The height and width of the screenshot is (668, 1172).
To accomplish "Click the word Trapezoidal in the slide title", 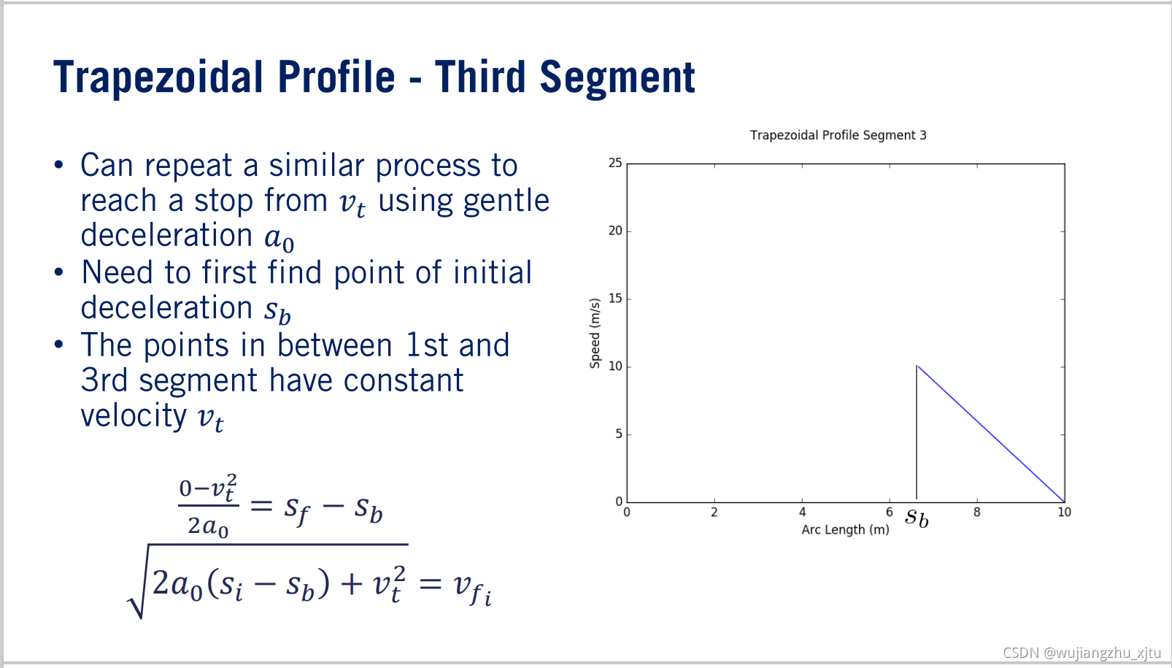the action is (158, 78).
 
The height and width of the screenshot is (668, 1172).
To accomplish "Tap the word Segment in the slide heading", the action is (617, 78).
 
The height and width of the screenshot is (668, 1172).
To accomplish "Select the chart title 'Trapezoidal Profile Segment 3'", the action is (838, 135).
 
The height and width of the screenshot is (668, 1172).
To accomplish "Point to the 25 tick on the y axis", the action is (615, 163).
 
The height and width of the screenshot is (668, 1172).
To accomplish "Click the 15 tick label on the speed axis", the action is (615, 299).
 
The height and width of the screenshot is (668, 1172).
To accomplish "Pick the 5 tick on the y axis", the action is (619, 434).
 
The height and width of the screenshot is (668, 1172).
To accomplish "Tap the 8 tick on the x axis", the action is (977, 512).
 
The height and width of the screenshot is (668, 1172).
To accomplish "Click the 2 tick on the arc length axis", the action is (714, 512).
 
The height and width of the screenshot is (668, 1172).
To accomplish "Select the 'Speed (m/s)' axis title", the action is (595, 334).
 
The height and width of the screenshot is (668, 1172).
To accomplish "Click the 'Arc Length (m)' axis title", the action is (846, 530).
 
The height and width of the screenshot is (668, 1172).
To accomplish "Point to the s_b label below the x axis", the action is (917, 517).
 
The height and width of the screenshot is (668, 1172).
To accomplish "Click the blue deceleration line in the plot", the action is (991, 434).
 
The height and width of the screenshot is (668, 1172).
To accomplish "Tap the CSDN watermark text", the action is (1082, 653).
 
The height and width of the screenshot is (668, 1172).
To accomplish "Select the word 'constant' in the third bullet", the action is (404, 380).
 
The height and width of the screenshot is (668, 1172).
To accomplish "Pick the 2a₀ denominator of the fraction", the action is (208, 526).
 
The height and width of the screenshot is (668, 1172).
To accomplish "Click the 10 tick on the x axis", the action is (1064, 512).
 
